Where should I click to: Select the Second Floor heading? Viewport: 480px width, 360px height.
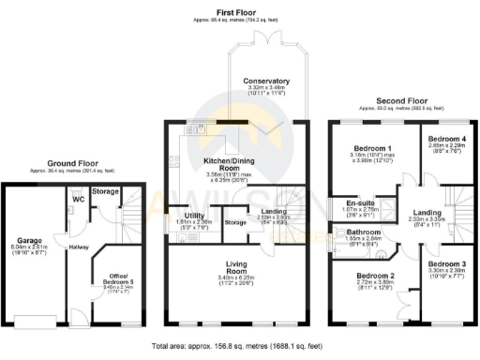click(400, 99)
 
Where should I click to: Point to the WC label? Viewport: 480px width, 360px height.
click(79, 198)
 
